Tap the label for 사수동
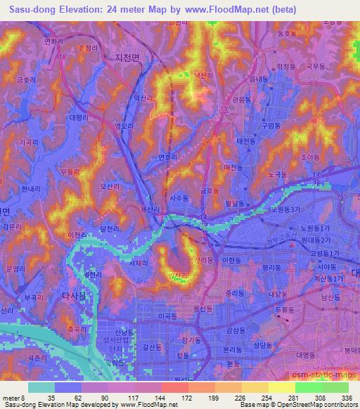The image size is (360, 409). [179, 199]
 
